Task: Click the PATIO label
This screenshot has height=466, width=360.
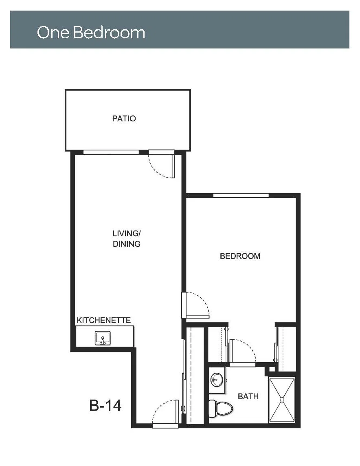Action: (x=124, y=119)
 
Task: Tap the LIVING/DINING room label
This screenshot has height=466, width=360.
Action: (x=127, y=239)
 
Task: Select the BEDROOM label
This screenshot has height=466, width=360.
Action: (x=240, y=256)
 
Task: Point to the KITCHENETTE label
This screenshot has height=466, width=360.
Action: (x=104, y=320)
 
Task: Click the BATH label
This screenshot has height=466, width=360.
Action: (x=248, y=396)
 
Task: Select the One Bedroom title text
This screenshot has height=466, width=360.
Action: (x=91, y=32)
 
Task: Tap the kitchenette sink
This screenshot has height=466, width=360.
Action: (x=103, y=338)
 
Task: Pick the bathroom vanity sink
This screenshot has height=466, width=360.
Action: (x=217, y=380)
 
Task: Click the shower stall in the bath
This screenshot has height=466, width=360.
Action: (x=282, y=400)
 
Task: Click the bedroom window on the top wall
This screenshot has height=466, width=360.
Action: (x=241, y=195)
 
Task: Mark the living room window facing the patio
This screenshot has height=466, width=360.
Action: (x=111, y=152)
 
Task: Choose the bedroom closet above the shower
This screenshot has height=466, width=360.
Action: (x=287, y=348)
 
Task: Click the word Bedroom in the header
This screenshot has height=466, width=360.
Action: (x=109, y=32)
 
